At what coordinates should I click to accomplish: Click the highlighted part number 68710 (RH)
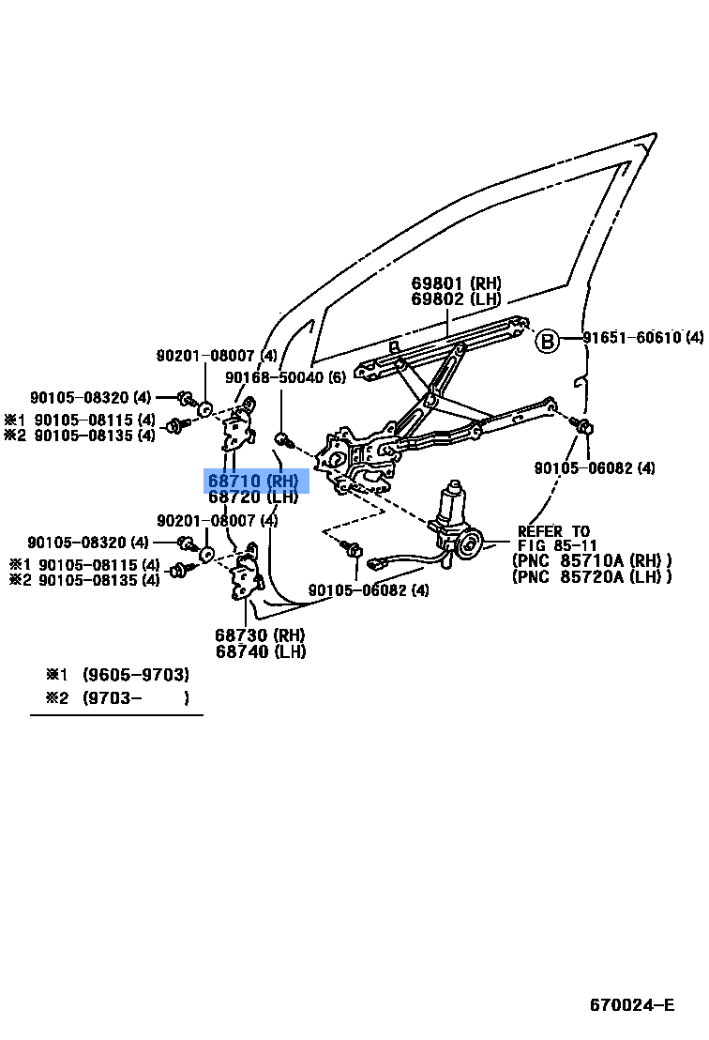pos(253,481)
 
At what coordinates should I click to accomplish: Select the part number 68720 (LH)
pos(253,497)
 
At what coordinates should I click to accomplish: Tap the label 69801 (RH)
pos(456,283)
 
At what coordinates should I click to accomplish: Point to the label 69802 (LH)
pos(456,299)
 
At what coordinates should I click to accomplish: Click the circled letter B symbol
pos(547,340)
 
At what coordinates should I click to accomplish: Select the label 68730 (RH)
pos(261,635)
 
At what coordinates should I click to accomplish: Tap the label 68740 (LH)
pos(261,651)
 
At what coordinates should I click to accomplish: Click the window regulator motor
pos(458,526)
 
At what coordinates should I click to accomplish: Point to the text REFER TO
pos(554,531)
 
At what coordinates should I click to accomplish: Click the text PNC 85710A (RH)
pos(592,561)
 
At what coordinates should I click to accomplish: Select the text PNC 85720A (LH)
pos(592,577)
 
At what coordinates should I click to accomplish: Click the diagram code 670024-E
pos(631,1005)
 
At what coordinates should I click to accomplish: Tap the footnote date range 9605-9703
pos(136,675)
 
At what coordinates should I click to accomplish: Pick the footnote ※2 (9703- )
pos(117,697)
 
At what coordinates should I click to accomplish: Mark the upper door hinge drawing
pos(240,427)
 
